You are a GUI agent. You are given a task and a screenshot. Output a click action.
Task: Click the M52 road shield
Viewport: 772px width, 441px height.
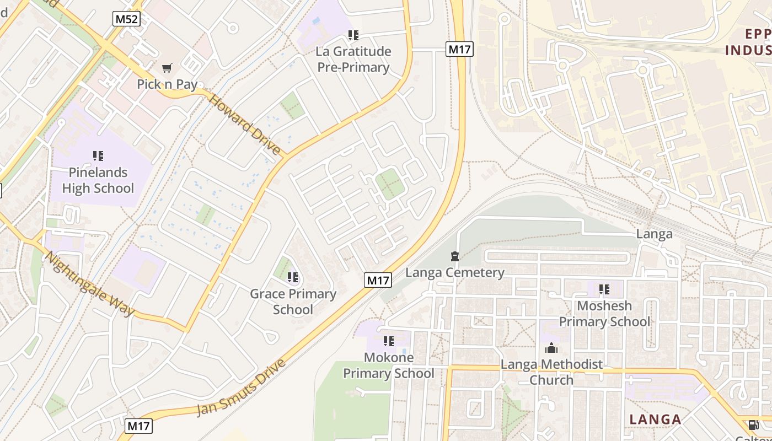pyautogui.click(x=127, y=19)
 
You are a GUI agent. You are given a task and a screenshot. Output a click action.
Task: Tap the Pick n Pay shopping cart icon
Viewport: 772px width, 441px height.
pyautogui.click(x=167, y=68)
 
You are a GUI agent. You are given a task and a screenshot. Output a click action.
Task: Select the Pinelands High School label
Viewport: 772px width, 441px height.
pyautogui.click(x=98, y=180)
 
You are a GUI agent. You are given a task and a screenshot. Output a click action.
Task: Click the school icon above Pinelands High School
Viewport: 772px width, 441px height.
pyautogui.click(x=98, y=156)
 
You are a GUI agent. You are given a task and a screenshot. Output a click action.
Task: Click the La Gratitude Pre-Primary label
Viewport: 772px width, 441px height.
pyautogui.click(x=353, y=60)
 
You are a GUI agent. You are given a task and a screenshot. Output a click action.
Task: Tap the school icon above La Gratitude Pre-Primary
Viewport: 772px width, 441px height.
pyautogui.click(x=353, y=35)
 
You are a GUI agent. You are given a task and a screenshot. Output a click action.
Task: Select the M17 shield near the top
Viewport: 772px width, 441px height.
pyautogui.click(x=459, y=49)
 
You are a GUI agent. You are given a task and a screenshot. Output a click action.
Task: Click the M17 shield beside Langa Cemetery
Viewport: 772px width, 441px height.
pyautogui.click(x=378, y=280)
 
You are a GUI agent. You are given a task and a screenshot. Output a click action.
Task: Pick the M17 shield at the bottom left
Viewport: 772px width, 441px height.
pyautogui.click(x=138, y=426)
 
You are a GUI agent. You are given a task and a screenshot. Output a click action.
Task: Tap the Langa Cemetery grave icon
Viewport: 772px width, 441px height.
pyautogui.click(x=454, y=256)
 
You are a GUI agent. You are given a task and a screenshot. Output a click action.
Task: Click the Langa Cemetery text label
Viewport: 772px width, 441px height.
pyautogui.click(x=455, y=273)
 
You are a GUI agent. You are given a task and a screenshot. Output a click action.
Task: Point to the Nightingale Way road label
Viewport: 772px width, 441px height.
pyautogui.click(x=89, y=284)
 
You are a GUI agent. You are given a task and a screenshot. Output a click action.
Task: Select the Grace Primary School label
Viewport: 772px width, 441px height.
pyautogui.click(x=293, y=302)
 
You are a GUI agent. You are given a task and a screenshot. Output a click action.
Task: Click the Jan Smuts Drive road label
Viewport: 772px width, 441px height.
pyautogui.click(x=242, y=388)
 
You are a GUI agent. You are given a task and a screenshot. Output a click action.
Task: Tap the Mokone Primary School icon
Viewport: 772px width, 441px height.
pyautogui.click(x=389, y=341)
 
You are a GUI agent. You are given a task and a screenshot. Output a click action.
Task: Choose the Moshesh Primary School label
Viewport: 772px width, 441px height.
pyautogui.click(x=605, y=314)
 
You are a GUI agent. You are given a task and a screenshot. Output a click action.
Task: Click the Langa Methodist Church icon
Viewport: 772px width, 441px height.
pyautogui.click(x=551, y=348)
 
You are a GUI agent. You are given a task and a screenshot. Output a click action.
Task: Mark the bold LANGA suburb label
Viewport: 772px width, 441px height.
pyautogui.click(x=655, y=420)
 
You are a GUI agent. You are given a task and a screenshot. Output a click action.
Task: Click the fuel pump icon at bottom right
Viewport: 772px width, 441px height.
pyautogui.click(x=753, y=425)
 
